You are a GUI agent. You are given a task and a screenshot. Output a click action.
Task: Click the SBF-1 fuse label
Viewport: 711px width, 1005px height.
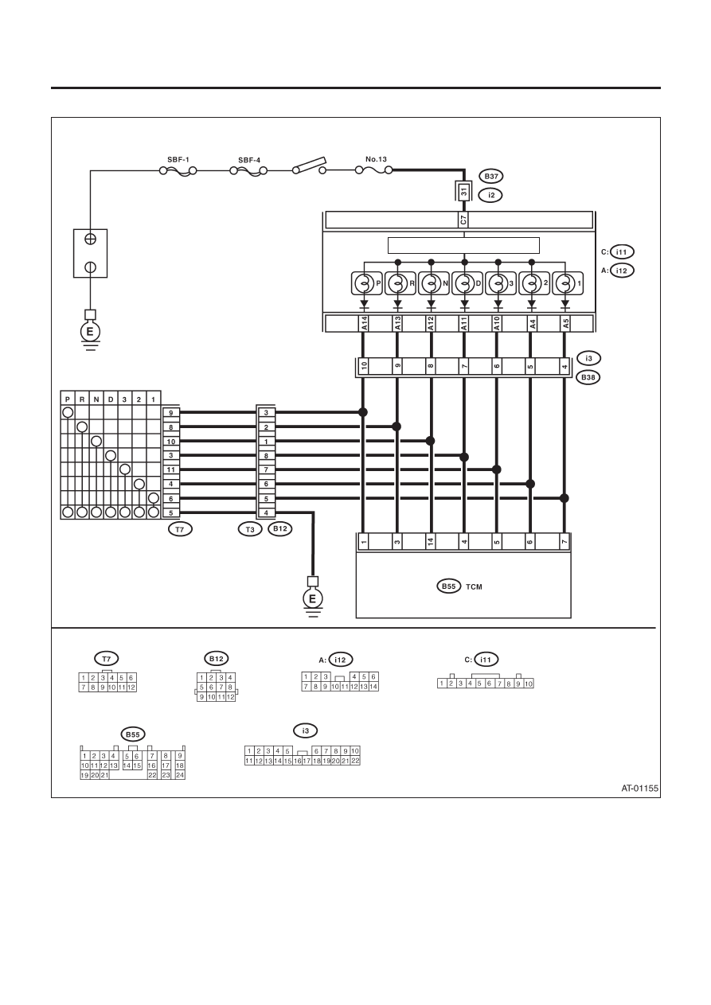[178, 159]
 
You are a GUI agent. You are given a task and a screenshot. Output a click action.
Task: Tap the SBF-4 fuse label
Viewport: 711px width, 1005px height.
[249, 160]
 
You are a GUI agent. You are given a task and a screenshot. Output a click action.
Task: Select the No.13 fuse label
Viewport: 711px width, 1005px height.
[376, 159]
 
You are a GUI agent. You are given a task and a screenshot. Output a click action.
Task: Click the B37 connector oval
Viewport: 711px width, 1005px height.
[491, 177]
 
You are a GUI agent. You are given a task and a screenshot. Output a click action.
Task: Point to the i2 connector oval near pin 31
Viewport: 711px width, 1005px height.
[491, 195]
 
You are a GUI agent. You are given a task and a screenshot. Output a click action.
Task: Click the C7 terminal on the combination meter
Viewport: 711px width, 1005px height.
[463, 220]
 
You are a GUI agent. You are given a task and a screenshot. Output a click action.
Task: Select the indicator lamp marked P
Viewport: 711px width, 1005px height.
[366, 283]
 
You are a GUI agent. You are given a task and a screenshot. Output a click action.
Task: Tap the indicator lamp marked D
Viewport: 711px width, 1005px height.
[467, 283]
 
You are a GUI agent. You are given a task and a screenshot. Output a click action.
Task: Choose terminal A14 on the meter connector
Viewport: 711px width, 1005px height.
[364, 324]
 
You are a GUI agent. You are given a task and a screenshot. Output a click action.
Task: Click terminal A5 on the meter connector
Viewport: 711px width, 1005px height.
[565, 324]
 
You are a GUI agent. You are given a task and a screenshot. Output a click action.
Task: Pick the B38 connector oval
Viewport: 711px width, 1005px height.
[588, 377]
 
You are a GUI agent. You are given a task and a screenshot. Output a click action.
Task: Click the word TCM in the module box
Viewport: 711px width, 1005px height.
[474, 587]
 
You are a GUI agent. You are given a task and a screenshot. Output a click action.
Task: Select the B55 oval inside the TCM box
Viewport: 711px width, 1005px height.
[449, 586]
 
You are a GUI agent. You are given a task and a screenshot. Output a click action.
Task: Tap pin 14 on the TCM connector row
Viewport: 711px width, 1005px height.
[431, 542]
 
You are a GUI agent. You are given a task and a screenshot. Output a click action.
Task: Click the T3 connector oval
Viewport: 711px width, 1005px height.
[250, 529]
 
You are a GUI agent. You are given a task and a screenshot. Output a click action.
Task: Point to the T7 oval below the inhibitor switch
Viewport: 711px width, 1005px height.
[180, 529]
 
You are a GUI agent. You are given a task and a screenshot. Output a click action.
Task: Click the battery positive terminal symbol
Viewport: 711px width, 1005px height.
[90, 240]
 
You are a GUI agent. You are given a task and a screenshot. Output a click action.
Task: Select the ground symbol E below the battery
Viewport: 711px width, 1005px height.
[90, 332]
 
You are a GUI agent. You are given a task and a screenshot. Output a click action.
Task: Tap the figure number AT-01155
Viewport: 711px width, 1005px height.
[639, 789]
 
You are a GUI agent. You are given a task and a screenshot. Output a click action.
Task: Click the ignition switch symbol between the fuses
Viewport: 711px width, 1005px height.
[309, 166]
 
